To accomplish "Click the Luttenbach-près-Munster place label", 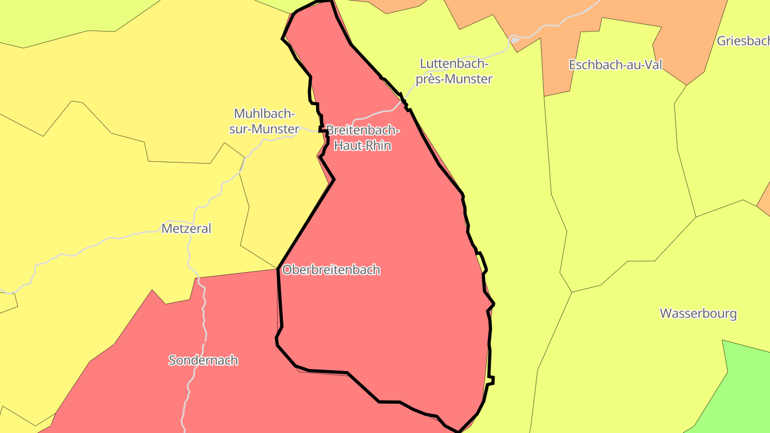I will (455, 71).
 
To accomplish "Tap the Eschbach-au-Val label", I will (615, 65).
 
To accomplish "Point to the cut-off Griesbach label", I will (743, 41).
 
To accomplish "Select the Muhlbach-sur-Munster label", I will (264, 121).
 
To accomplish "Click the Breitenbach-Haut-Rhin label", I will (363, 138).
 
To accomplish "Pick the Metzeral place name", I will (186, 229).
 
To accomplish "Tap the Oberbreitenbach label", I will (331, 270).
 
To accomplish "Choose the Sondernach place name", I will (203, 360).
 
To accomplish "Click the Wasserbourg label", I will (698, 313).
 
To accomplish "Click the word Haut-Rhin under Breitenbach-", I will (363, 145).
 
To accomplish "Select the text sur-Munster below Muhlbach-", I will (264, 129).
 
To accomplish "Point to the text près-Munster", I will (455, 79).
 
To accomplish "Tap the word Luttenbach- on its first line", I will (455, 64).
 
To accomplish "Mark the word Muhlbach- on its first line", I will (265, 114).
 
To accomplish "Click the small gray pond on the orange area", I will (514, 40).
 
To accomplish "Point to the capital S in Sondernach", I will (172, 360).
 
